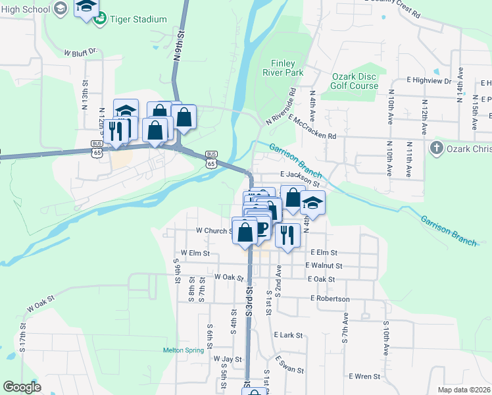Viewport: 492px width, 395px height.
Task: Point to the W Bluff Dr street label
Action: pos(81,50)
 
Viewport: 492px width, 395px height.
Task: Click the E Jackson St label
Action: pos(300,175)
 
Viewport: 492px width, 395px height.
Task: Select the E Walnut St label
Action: pos(324,265)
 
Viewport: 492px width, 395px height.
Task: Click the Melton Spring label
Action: pos(184,350)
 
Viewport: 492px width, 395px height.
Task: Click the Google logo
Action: pos(22,387)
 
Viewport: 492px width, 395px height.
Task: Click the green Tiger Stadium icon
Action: pos(100,19)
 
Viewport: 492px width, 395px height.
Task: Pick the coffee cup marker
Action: pos(261,228)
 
